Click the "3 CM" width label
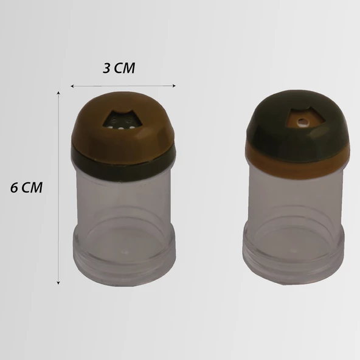coord(119,68)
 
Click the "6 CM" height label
coord(26,187)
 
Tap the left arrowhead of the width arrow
coord(72,86)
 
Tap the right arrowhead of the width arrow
coord(174,86)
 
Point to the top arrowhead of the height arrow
coord(58,93)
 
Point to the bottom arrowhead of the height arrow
coord(58,283)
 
